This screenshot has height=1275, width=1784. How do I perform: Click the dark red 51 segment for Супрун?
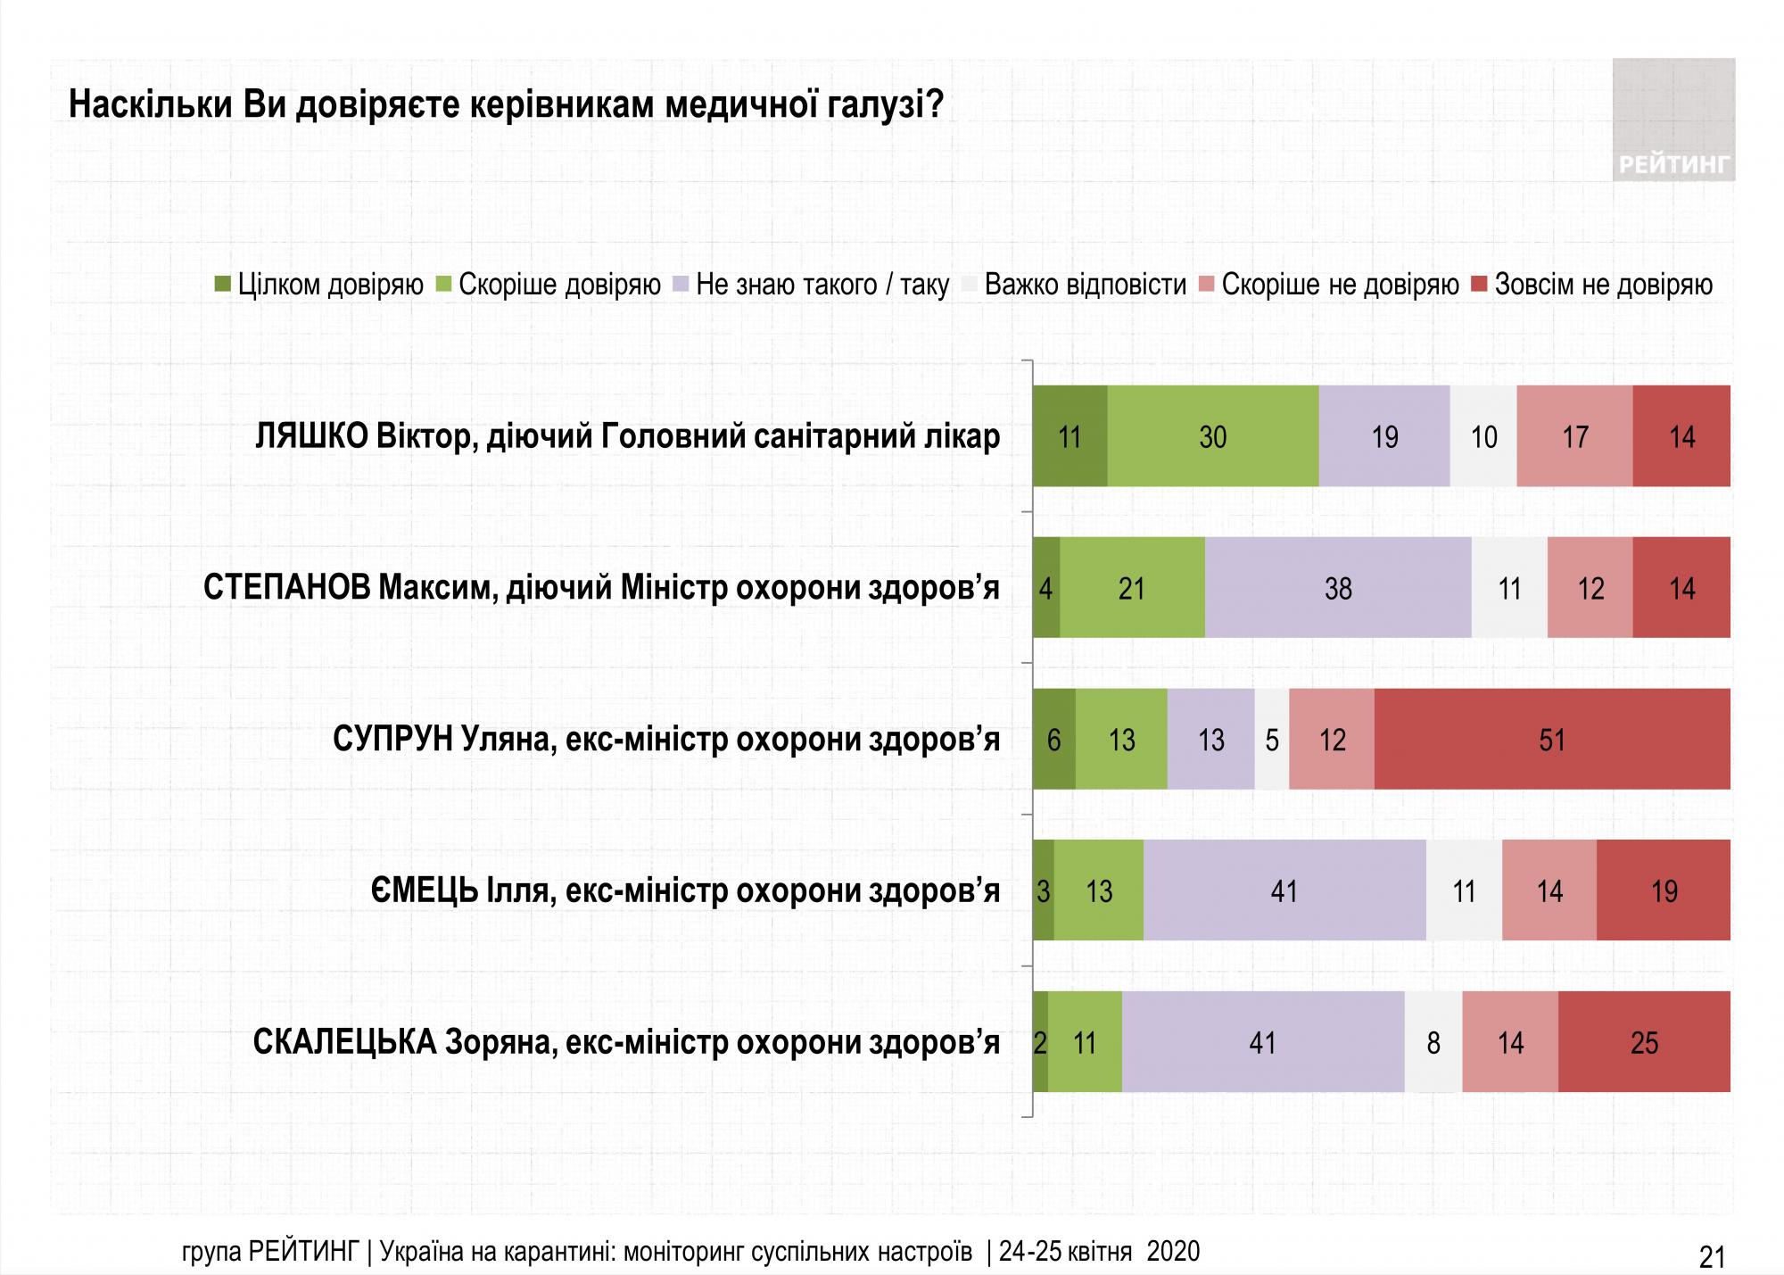pos(1552,740)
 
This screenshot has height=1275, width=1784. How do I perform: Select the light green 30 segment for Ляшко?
pos(1213,436)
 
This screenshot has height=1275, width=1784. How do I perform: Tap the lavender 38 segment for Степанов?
pos(1338,588)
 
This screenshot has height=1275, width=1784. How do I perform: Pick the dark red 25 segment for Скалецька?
pos(1644,1042)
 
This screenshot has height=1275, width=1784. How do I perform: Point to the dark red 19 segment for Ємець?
pos(1664,890)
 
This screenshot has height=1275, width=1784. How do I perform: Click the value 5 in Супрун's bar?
pos(1272,740)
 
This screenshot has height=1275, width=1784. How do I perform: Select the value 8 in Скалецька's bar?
pos(1433,1042)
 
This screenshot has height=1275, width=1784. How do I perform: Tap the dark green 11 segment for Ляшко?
pos(1070,436)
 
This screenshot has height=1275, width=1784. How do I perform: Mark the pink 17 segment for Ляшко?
pos(1574,436)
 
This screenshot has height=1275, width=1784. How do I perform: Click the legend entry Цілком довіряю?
pos(330,285)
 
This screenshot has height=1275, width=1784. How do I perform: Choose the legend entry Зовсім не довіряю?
pos(1603,285)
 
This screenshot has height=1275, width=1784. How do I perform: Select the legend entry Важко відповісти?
pos(1085,285)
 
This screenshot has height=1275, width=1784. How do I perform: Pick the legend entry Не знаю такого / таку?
pos(822,285)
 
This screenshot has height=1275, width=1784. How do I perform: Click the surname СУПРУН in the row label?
pos(392,740)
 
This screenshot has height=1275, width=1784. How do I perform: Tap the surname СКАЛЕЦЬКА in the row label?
pos(344,1042)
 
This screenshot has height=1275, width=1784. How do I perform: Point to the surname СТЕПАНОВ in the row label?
pos(286,588)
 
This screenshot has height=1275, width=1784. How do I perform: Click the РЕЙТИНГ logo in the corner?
pos(1673,120)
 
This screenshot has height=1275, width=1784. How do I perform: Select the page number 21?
pos(1712,1256)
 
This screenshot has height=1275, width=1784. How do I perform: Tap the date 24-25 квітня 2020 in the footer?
pos(1099,1252)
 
